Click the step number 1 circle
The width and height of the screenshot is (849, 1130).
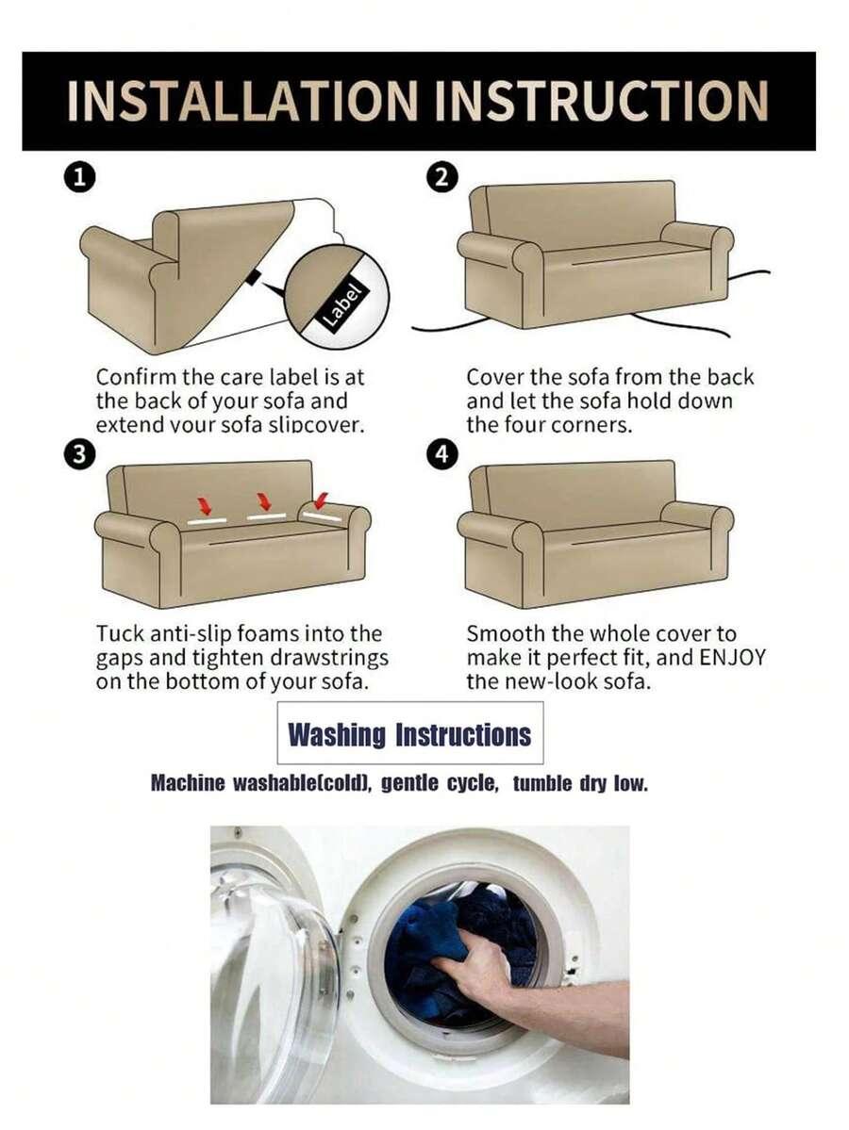click(79, 177)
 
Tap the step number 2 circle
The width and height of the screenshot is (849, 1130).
click(442, 177)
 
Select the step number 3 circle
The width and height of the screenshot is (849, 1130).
click(79, 454)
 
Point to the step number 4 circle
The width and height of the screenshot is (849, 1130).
click(442, 454)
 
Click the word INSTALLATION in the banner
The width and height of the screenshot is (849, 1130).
click(242, 101)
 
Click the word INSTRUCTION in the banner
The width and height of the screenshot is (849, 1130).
click(603, 101)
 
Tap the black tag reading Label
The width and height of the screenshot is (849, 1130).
click(343, 305)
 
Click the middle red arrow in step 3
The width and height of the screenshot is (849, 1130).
click(264, 501)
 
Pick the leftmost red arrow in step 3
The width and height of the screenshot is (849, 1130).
click(205, 505)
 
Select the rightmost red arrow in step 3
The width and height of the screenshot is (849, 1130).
click(321, 499)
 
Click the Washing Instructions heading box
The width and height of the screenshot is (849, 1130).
click(409, 733)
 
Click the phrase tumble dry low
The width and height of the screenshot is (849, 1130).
click(581, 783)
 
